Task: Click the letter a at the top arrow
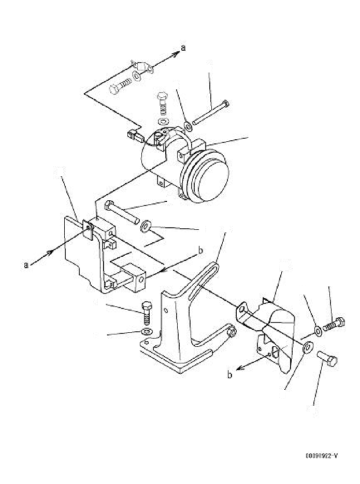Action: pos(182,48)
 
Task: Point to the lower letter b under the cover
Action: pos(229,374)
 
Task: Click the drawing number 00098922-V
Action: pos(321,456)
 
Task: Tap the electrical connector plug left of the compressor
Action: pos(134,137)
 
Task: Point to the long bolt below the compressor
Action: pos(123,212)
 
